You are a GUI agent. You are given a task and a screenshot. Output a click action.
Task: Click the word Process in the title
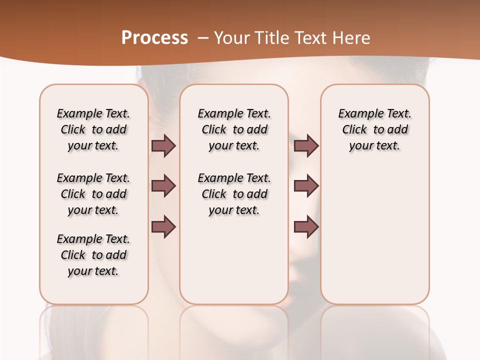[x=154, y=38]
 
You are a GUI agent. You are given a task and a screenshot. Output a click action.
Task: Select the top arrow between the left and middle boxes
[x=163, y=146]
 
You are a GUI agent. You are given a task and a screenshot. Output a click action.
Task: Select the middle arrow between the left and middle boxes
[x=163, y=186]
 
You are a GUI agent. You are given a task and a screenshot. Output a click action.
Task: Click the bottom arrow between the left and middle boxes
[x=163, y=227]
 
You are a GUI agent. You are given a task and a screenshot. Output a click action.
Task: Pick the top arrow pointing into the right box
[x=306, y=146]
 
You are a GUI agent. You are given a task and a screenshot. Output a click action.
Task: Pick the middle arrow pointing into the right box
[x=306, y=186]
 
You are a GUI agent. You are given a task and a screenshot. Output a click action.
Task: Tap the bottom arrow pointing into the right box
[x=306, y=227]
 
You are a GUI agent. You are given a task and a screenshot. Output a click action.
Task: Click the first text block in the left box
[x=93, y=129]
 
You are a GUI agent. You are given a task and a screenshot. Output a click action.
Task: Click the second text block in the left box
[x=93, y=194]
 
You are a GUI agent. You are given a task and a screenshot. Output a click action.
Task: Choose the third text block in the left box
[x=93, y=255]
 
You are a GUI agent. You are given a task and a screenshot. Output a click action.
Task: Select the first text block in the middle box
[x=234, y=129]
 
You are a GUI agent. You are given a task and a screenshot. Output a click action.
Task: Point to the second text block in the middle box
[x=234, y=194]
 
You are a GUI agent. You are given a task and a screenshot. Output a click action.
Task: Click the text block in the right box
[x=374, y=129]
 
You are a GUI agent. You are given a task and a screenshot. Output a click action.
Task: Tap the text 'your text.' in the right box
[x=374, y=146]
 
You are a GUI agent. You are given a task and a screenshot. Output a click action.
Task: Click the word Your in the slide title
[x=231, y=38]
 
